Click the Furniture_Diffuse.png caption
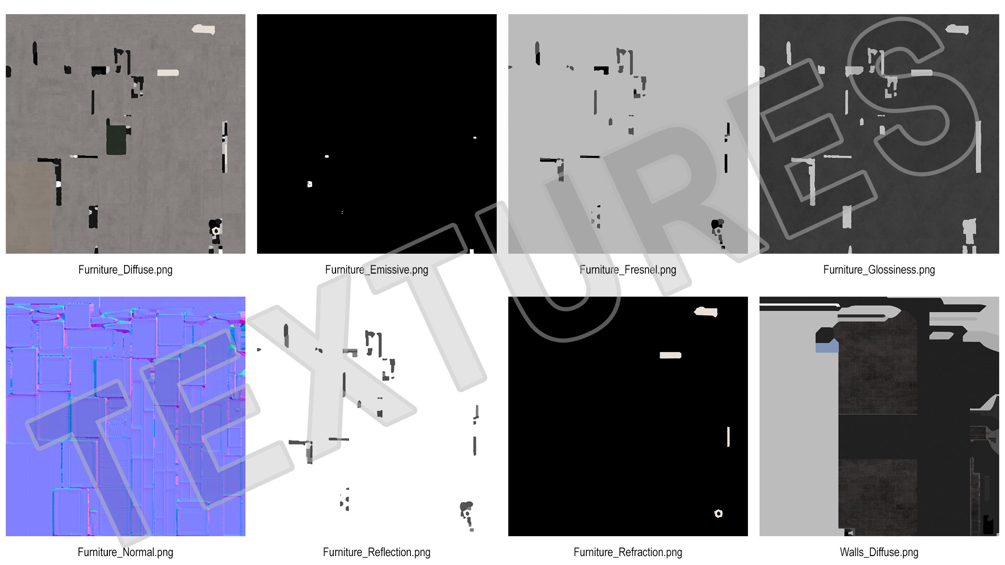pos(125,270)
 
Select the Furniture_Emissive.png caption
pos(376,270)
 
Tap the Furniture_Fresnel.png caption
pos(628,270)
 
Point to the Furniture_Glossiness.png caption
pos(879,270)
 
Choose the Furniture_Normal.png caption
pos(125,552)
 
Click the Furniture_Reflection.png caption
pos(376,552)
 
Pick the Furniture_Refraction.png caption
pos(628,552)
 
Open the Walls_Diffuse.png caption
pos(879,552)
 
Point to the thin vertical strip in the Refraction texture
pos(728,437)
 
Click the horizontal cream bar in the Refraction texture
pos(671,355)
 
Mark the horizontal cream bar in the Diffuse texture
pos(168,73)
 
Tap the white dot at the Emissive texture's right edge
pos(475,138)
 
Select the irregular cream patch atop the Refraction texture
pos(706,312)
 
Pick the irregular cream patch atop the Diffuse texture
pos(203,29)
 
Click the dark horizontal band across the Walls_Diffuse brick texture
pos(878,437)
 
